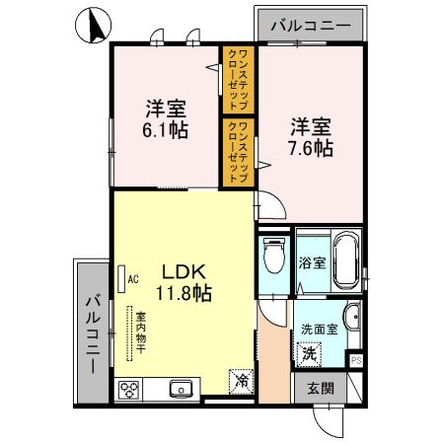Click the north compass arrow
(x=95, y=26)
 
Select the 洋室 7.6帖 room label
(x=310, y=137)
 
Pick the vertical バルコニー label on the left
(x=90, y=331)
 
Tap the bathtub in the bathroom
(x=344, y=259)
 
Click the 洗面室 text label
(x=320, y=330)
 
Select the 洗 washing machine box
(x=309, y=352)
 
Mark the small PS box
(x=356, y=361)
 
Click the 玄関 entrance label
(x=314, y=388)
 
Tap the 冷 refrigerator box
(x=241, y=379)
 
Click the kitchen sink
(x=180, y=389)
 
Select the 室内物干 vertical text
(x=142, y=335)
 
